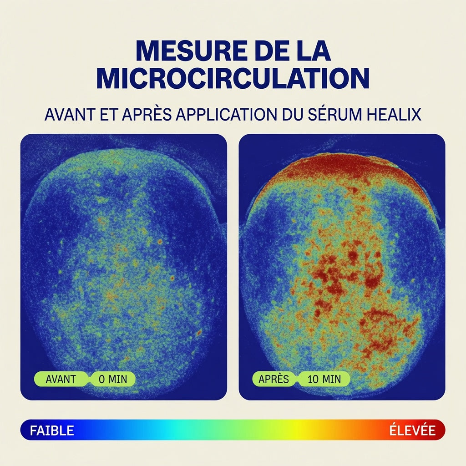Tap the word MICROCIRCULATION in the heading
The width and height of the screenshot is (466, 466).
[233, 78]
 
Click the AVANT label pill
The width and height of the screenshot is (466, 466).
[61, 379]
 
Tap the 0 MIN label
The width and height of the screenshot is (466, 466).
[113, 379]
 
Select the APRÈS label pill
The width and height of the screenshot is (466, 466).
[274, 379]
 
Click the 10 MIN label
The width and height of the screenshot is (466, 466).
[324, 379]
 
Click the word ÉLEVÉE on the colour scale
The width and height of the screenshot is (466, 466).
[412, 430]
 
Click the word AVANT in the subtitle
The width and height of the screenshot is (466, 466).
[70, 114]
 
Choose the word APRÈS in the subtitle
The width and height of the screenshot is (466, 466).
[147, 114]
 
